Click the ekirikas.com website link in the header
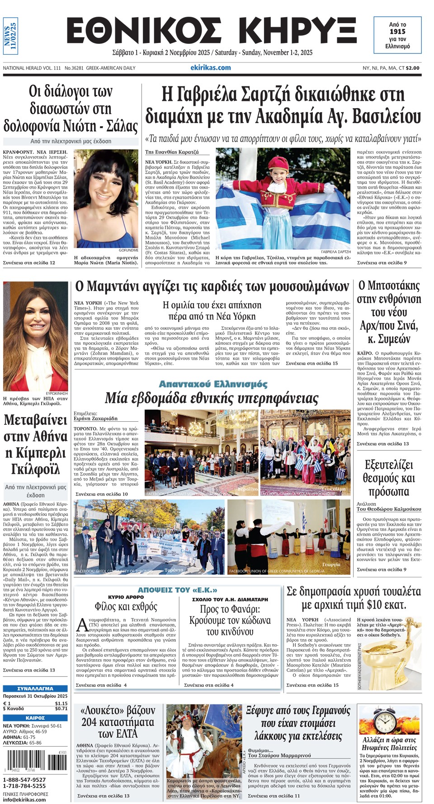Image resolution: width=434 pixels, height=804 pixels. pyautogui.click(x=210, y=67)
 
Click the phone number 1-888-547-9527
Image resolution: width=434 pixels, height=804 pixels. pyautogui.click(x=24, y=780)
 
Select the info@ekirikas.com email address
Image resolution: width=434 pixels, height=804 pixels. pyautogui.click(x=24, y=799)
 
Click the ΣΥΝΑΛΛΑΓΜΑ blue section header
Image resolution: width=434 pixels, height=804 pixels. pyautogui.click(x=35, y=688)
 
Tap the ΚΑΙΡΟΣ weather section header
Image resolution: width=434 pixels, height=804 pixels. pyautogui.click(x=35, y=718)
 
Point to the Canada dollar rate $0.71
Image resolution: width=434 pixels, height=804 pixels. pyautogui.click(x=61, y=709)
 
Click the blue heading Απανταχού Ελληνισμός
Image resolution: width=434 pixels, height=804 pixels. pyautogui.click(x=213, y=384)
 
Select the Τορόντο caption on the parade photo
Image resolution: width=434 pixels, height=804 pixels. pyautogui.click(x=174, y=570)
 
